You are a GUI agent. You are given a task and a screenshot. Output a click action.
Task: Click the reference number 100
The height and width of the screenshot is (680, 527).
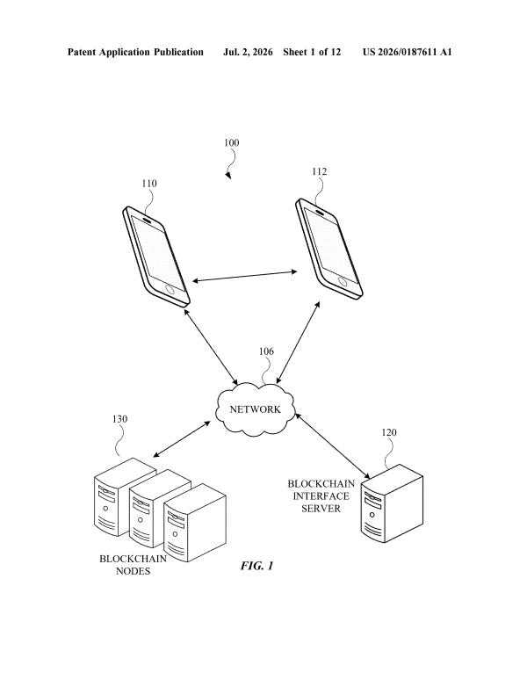pyautogui.click(x=231, y=142)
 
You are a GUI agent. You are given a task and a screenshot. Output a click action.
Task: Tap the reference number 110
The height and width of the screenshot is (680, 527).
pyautogui.click(x=149, y=184)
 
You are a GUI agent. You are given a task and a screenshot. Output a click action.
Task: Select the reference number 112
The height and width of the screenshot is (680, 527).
pyautogui.click(x=320, y=171)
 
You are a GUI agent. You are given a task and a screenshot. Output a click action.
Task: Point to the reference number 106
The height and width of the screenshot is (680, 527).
pyautogui.click(x=266, y=351)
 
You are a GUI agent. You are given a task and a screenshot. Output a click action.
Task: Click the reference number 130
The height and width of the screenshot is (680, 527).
pyautogui.click(x=120, y=419)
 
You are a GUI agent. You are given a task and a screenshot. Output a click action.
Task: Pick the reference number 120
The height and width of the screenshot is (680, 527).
pyautogui.click(x=389, y=432)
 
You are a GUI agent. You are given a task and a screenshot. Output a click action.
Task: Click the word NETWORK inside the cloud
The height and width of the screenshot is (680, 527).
pyautogui.click(x=256, y=409)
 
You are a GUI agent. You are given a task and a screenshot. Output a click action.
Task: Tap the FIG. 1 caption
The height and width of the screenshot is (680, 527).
pyautogui.click(x=257, y=566)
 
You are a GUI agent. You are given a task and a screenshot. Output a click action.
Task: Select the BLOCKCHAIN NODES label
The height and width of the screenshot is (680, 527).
pyautogui.click(x=133, y=565)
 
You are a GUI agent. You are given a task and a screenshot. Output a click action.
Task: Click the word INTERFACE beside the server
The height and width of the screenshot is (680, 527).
pyautogui.click(x=321, y=496)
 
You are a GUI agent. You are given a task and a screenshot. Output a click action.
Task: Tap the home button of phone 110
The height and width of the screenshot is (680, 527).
pyautogui.click(x=170, y=289)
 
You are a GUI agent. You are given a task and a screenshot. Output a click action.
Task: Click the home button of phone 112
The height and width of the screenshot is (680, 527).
pyautogui.click(x=343, y=281)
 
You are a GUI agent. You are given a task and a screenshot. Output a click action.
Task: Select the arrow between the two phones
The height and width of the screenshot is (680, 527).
pyautogui.click(x=245, y=276)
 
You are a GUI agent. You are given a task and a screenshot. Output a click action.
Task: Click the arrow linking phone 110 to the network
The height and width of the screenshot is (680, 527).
pyautogui.click(x=211, y=346)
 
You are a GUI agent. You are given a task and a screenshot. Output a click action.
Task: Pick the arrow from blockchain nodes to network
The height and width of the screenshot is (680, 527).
pyautogui.click(x=182, y=439)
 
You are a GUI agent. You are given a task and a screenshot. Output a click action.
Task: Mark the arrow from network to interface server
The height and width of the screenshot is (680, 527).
pyautogui.click(x=332, y=445)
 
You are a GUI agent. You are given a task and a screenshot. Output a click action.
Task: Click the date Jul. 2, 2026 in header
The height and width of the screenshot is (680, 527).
pyautogui.click(x=248, y=53)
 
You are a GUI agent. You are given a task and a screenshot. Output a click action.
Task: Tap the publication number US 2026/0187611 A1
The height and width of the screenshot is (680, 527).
pyautogui.click(x=408, y=53)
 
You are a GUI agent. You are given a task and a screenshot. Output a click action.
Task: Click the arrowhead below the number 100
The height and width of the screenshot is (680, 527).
pyautogui.click(x=228, y=175)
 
